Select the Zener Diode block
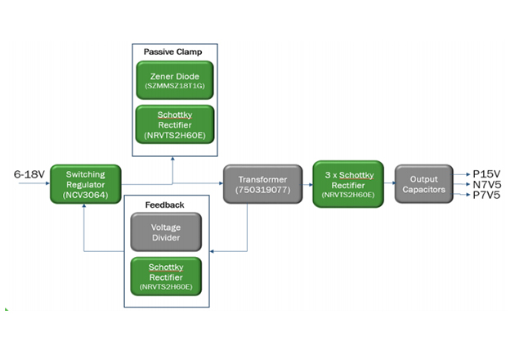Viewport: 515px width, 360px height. click(174, 80)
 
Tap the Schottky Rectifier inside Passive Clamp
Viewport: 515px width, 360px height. click(174, 124)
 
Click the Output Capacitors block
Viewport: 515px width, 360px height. click(423, 184)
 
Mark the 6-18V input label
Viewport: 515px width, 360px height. click(28, 175)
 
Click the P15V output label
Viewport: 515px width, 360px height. click(489, 173)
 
